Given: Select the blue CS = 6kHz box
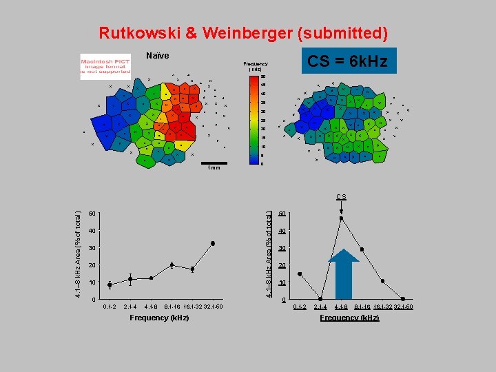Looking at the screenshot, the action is pyautogui.click(x=347, y=61).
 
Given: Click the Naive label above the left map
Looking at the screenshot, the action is pyautogui.click(x=158, y=56).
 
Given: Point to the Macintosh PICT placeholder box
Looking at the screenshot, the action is pyautogui.click(x=105, y=66).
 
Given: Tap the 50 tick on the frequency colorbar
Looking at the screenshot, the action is pyautogui.click(x=262, y=76).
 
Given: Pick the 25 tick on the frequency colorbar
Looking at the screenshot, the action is pyautogui.click(x=262, y=121).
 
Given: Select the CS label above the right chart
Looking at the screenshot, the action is pyautogui.click(x=342, y=197).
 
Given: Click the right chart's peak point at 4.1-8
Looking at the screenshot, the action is pyautogui.click(x=341, y=218).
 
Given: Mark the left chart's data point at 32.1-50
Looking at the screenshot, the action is pyautogui.click(x=213, y=243).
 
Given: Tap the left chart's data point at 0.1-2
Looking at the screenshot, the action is pyautogui.click(x=110, y=285).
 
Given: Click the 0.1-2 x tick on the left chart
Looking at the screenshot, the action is pyautogui.click(x=110, y=307).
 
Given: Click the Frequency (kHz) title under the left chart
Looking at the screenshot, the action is pyautogui.click(x=159, y=318).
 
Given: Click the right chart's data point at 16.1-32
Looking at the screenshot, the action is pyautogui.click(x=382, y=281).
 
